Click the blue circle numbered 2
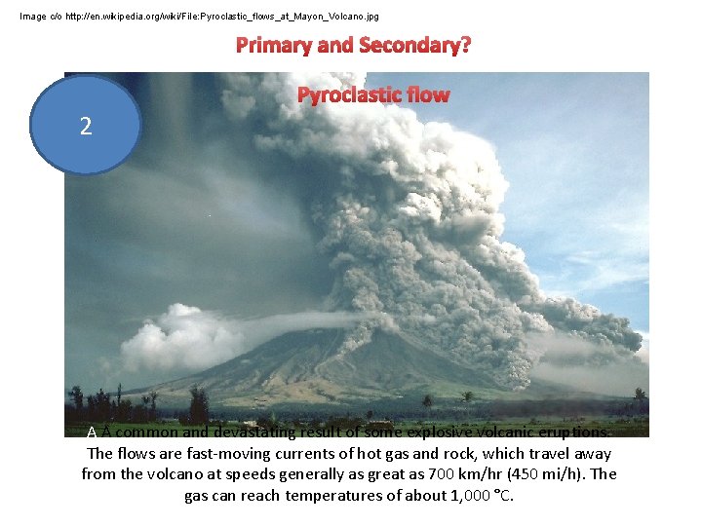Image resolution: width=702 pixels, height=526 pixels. pos(87,126)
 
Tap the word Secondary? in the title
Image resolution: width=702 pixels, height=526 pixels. pos(414,45)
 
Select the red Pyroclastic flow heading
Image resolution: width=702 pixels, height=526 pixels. pos(373,94)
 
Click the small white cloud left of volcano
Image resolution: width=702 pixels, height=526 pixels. pos(180,334)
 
